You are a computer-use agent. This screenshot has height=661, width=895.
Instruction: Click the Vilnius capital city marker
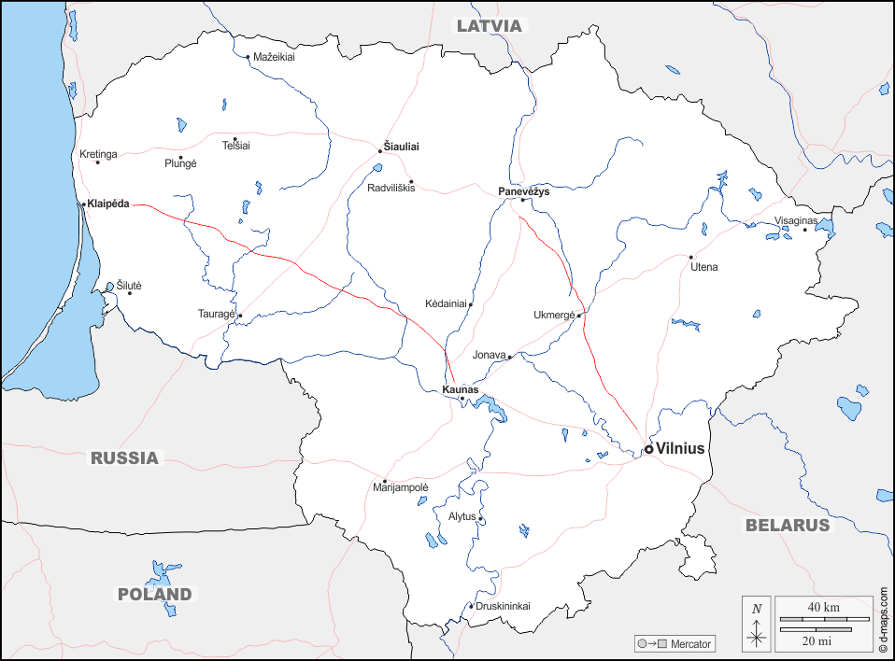click(648, 449)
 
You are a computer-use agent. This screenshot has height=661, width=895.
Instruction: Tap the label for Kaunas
click(460, 388)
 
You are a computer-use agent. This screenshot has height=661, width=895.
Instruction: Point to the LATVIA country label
click(489, 25)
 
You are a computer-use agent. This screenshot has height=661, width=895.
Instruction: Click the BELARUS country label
click(787, 525)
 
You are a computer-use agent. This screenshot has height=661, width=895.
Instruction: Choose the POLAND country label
click(154, 594)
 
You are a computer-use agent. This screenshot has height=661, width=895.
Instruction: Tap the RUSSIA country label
click(124, 457)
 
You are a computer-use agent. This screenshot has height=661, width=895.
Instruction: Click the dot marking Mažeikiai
click(248, 57)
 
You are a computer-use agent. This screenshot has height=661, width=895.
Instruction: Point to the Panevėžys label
click(524, 190)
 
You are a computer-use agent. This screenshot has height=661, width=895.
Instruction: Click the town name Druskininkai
click(503, 606)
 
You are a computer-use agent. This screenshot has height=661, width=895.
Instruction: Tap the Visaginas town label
click(796, 220)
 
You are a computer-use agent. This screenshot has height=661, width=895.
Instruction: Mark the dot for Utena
click(691, 257)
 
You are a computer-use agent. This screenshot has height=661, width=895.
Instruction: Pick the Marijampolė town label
click(400, 487)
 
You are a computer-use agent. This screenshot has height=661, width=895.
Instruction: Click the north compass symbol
click(757, 623)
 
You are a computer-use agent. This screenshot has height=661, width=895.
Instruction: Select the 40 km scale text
click(823, 608)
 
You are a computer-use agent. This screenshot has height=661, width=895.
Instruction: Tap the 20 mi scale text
click(816, 640)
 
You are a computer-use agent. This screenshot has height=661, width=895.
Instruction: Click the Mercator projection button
click(674, 643)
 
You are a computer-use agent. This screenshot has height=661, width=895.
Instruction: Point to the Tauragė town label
click(217, 314)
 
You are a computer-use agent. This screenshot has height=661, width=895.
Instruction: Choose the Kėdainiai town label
click(446, 303)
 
